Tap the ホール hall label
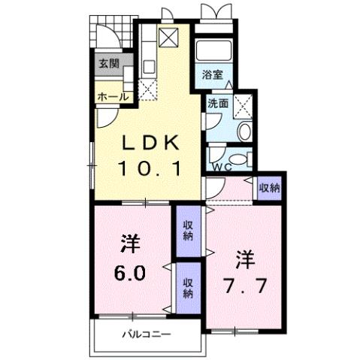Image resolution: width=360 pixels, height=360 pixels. coord(111,96)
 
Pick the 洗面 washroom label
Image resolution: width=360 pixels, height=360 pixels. coord(218,104)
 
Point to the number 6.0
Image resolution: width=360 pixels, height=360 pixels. coord(128,270)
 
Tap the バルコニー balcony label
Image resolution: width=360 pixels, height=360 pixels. coord(147,334)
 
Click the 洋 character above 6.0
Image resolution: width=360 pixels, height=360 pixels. coord(129,244)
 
